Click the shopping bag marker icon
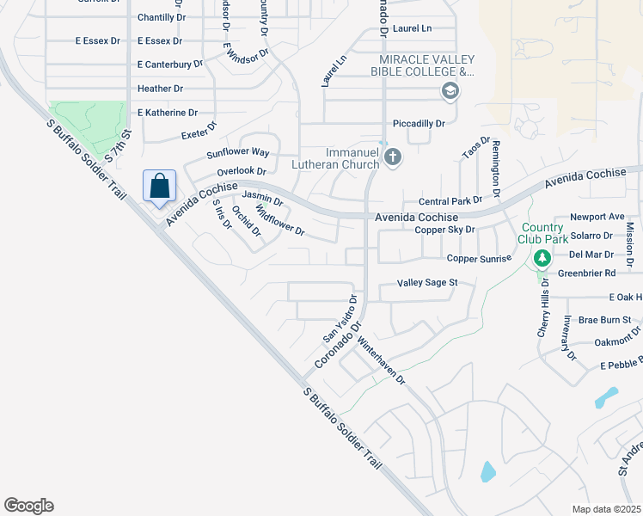tap(160, 187)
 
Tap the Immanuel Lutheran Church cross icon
tap(393, 157)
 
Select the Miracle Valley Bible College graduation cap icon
tap(449, 90)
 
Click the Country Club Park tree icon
tap(542, 257)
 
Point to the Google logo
tap(28, 506)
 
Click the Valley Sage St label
tap(427, 282)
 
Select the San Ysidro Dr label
tap(339, 318)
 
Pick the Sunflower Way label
tap(238, 153)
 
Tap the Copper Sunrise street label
tap(479, 258)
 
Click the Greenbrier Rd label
tap(587, 273)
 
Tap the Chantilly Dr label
tap(162, 17)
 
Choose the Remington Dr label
tap(496, 166)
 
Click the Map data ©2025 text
tap(605, 509)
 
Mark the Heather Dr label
tap(160, 89)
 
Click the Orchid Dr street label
tap(247, 221)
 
